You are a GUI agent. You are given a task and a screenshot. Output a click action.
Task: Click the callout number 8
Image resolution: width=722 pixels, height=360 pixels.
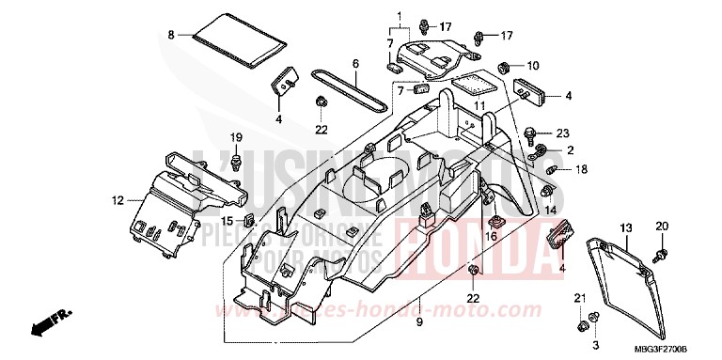(x=172, y=35)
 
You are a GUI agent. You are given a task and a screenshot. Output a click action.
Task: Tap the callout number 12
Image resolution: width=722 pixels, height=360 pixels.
(x=118, y=199)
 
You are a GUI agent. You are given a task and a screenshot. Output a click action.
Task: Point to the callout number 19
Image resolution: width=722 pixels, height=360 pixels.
(x=238, y=138)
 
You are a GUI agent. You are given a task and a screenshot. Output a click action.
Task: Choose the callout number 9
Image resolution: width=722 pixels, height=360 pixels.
(x=420, y=322)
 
